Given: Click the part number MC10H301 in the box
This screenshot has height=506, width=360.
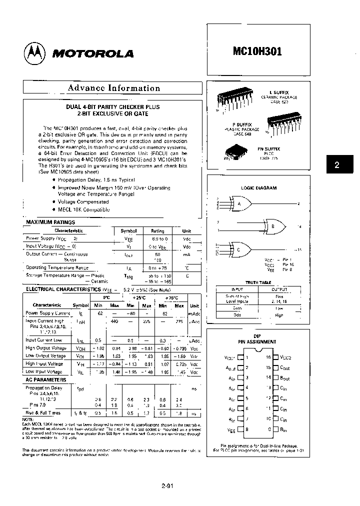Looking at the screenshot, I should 257,50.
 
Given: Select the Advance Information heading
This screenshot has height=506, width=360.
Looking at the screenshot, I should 113,88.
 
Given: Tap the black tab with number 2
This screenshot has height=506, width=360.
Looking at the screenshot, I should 336,165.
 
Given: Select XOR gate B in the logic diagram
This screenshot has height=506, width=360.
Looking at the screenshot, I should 273,225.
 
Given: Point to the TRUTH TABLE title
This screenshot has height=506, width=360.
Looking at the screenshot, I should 258,282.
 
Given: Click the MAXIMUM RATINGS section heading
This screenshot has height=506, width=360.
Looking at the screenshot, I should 50,222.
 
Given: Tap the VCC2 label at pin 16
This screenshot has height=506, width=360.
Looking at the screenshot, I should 285,357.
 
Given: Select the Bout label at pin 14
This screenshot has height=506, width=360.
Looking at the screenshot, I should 284,378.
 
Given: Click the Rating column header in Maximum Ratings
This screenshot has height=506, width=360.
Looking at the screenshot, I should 157,231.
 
